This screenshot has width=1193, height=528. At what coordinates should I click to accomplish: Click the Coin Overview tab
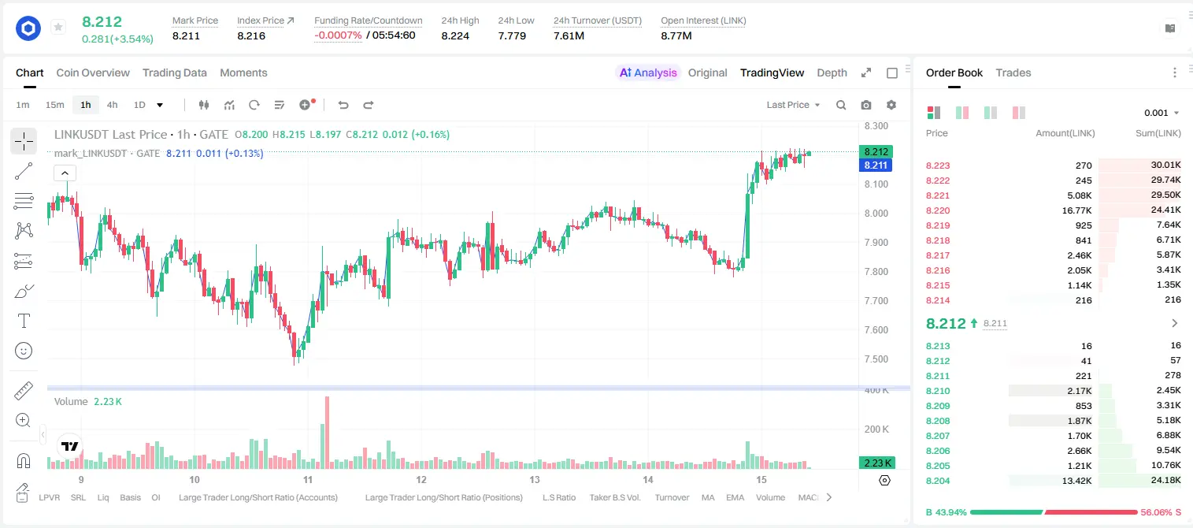point(93,73)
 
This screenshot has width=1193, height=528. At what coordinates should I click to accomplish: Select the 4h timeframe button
point(112,105)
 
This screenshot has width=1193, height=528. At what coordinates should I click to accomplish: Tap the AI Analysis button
point(647,73)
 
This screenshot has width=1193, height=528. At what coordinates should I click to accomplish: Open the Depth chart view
point(832,73)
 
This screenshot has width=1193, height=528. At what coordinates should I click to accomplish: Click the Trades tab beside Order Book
point(1013,73)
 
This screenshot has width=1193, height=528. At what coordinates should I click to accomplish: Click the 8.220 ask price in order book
point(938,210)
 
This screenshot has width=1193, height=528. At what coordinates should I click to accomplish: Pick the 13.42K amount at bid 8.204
point(1076,481)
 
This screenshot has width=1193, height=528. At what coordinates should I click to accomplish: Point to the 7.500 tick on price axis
point(876,359)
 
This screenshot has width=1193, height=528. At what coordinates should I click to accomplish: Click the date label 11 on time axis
point(308,479)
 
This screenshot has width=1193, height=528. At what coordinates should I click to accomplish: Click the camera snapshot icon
point(866,105)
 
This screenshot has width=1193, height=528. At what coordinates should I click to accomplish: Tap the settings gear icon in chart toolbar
point(891,105)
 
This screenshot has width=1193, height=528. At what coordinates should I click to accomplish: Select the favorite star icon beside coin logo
point(58,27)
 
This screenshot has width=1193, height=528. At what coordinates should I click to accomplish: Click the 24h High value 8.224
point(455,35)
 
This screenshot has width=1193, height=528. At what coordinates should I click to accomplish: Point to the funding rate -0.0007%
point(338,35)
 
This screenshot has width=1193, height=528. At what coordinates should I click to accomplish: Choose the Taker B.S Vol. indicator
point(614,497)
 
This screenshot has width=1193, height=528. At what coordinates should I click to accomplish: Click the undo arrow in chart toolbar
point(343,105)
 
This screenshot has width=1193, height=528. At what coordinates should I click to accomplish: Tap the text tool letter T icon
point(24,321)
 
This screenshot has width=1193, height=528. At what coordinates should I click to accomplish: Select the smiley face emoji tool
point(24,351)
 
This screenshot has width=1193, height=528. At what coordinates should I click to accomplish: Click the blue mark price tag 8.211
point(876,165)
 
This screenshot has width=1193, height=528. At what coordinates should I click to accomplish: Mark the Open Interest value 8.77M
point(676,35)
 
